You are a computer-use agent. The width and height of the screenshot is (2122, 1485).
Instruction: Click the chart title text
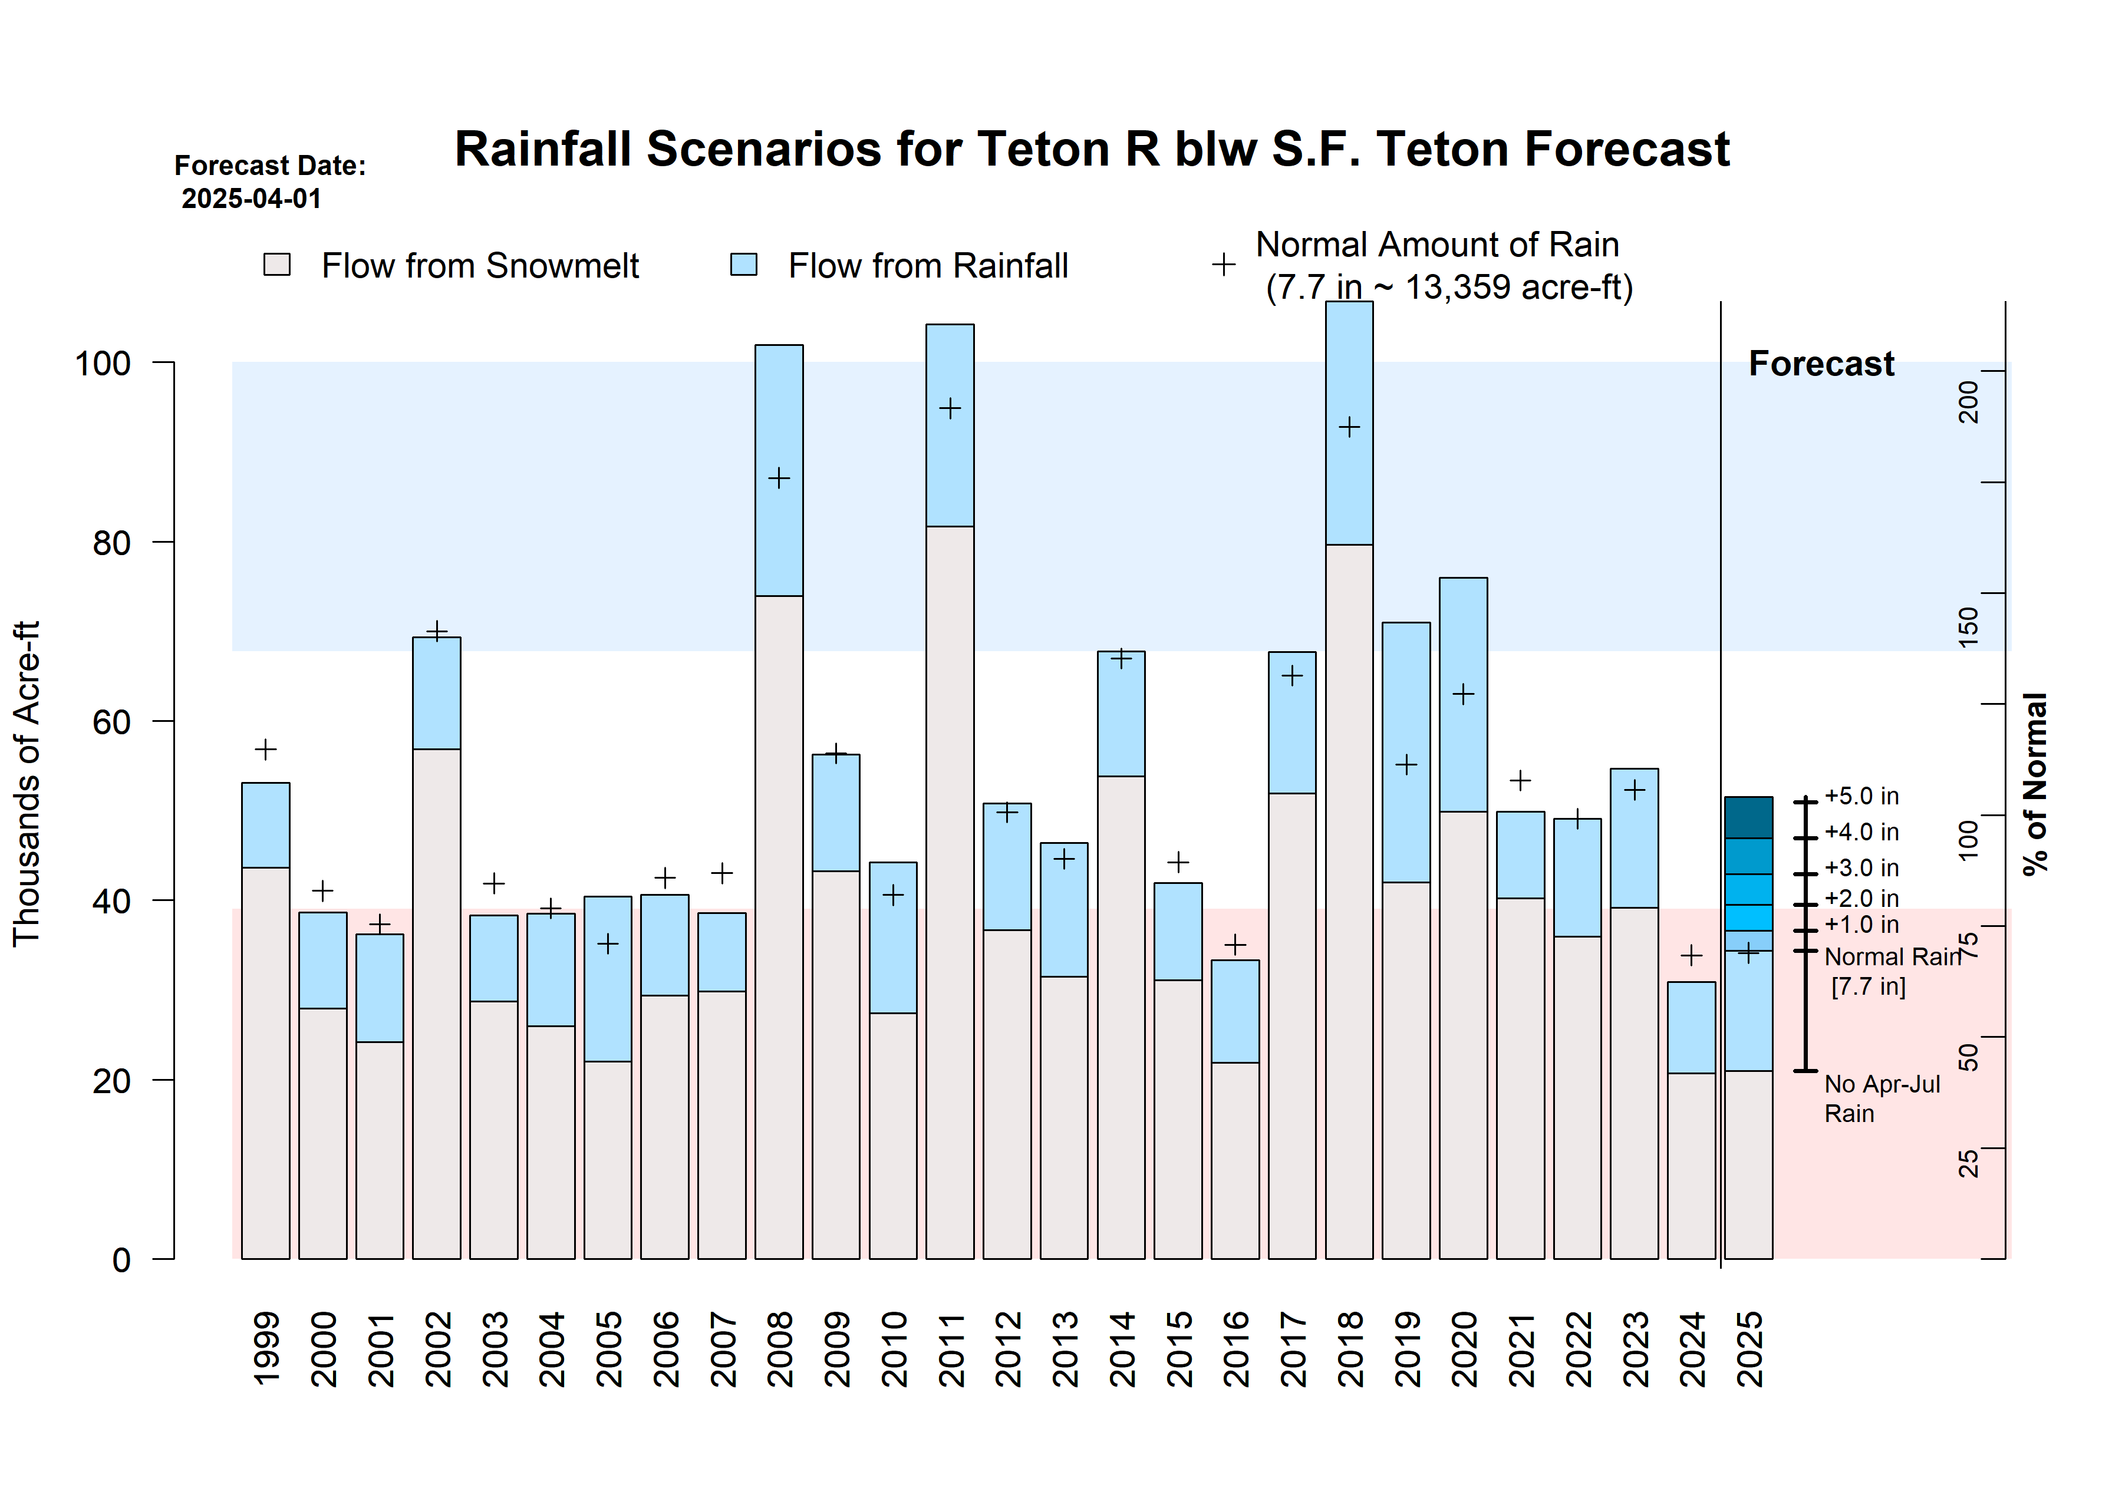(1090, 150)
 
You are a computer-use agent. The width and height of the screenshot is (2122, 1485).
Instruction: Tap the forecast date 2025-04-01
(251, 199)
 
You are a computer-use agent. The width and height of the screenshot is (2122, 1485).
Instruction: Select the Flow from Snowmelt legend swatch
(277, 265)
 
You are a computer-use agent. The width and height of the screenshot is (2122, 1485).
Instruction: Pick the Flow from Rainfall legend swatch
(743, 265)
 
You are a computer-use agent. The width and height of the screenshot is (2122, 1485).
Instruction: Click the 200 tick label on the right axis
(1969, 402)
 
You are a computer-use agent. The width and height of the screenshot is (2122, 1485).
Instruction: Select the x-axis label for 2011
(951, 1349)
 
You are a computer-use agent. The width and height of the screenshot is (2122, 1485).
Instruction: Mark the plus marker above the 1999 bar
(265, 750)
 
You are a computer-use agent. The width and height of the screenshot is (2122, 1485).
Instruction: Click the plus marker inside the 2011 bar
(950, 408)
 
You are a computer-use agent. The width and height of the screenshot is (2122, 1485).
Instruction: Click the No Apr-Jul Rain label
(1881, 1099)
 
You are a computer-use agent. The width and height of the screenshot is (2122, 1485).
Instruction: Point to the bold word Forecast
(1821, 364)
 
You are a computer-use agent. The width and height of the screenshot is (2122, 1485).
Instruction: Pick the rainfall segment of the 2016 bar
(1235, 1011)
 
